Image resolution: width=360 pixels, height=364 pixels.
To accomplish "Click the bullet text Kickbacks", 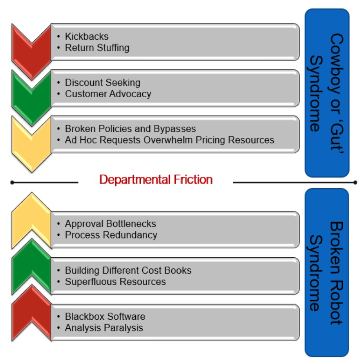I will click(86, 36).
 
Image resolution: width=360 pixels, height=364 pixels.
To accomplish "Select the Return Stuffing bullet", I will click(97, 48).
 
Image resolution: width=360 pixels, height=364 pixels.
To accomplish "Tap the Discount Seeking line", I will click(102, 82).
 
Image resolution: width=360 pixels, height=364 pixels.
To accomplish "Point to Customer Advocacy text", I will click(108, 94).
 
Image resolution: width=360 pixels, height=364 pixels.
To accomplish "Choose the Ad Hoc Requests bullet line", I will click(169, 140).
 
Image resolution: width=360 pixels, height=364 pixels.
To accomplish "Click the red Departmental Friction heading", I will click(156, 180).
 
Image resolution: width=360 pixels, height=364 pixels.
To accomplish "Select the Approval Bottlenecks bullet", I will click(110, 224).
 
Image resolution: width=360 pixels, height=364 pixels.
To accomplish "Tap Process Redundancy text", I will click(111, 235).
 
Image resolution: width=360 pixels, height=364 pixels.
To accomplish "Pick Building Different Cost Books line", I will click(128, 270).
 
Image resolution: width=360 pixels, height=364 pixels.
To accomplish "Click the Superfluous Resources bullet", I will click(115, 282).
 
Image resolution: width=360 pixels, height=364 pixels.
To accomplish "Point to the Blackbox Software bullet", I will click(105, 316).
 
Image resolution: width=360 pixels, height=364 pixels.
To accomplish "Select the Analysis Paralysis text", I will click(104, 328).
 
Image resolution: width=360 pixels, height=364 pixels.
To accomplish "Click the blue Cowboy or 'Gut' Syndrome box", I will click(327, 93).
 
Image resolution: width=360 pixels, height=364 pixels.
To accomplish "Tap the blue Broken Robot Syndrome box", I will click(327, 272).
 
